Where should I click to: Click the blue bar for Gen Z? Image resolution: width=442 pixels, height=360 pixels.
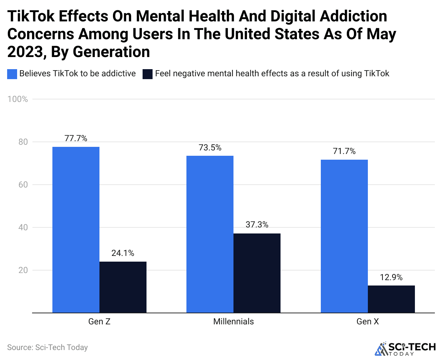point(76,230)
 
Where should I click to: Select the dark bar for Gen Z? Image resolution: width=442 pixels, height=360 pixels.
point(123,287)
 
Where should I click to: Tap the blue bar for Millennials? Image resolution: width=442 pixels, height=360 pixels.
point(210,234)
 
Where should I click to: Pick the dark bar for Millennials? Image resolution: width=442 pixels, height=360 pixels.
point(257,273)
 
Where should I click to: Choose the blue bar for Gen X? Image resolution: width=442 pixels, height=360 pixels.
point(344,236)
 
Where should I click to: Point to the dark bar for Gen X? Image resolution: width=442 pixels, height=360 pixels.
point(391,299)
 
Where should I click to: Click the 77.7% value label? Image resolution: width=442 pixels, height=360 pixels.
point(76,138)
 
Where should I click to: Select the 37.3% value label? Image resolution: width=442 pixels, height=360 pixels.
point(257,225)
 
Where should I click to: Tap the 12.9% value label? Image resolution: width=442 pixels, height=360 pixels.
point(391,277)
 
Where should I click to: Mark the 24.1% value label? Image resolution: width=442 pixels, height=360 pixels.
point(123,253)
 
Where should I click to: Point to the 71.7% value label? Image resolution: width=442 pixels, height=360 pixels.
point(344,151)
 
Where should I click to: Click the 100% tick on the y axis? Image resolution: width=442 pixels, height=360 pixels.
point(17,99)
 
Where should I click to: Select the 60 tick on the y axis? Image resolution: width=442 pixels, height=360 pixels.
point(23,185)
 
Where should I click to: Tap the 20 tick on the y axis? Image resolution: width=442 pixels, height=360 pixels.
point(23,270)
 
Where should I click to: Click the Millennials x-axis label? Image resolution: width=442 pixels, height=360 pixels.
point(233,322)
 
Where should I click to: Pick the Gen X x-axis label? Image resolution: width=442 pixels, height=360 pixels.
point(368,322)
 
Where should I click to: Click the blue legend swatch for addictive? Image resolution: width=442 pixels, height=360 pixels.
point(12,74)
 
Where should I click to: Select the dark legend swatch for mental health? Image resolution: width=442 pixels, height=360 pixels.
point(148,74)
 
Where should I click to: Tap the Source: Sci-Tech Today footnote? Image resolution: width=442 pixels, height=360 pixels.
point(47,348)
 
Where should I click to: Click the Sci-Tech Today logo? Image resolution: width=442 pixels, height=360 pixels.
point(405,349)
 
